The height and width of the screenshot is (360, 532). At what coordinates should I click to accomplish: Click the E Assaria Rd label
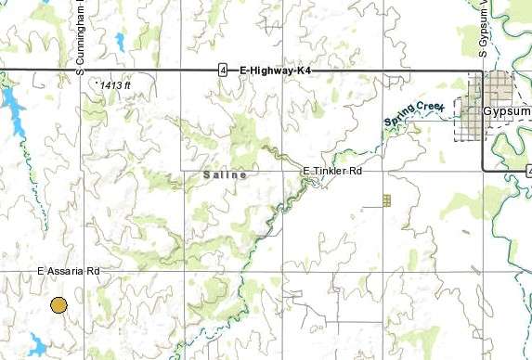point(68,271)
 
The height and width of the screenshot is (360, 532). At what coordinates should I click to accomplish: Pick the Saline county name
point(225,174)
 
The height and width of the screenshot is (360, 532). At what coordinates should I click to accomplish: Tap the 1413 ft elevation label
point(115,85)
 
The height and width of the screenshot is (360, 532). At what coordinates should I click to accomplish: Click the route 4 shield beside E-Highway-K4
point(223,70)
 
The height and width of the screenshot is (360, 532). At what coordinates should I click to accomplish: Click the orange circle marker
point(58,305)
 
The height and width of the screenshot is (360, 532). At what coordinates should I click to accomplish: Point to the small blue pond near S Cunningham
point(119,41)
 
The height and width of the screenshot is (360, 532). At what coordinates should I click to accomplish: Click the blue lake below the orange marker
point(38,346)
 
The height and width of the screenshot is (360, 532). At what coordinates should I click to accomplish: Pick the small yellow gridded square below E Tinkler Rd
point(386,199)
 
